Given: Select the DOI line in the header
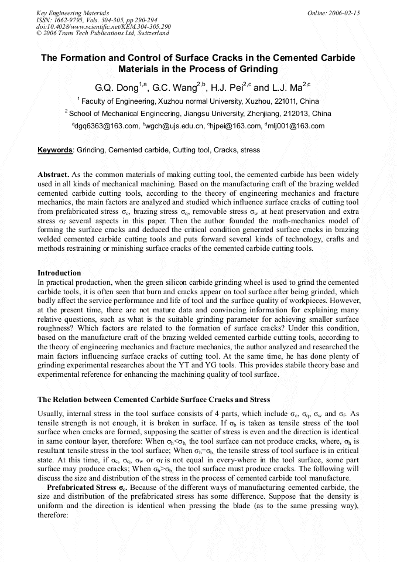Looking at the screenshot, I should [x=103, y=26].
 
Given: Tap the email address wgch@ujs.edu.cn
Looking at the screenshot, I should [x=175, y=125].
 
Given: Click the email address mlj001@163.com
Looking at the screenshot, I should [x=297, y=125].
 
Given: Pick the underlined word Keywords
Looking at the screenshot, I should [x=55, y=150].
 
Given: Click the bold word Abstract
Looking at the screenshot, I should [x=53, y=175].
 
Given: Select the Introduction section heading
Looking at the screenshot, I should [x=59, y=273].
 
